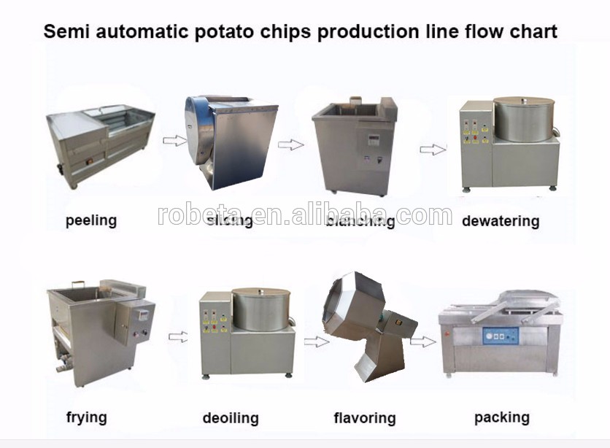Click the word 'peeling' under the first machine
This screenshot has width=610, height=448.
tap(90, 220)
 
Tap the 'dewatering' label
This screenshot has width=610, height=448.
tap(500, 220)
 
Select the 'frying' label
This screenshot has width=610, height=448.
tap(86, 417)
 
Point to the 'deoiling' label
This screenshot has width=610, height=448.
tap(231, 418)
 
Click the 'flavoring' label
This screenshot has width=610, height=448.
tap(364, 418)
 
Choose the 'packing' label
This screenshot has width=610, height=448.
tap(501, 417)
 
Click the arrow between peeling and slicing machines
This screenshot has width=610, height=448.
tap(174, 140)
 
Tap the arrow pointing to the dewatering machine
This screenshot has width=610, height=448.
tap(432, 149)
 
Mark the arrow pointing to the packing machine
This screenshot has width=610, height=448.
tap(423, 340)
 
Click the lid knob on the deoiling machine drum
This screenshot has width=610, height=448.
tap(260, 290)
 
